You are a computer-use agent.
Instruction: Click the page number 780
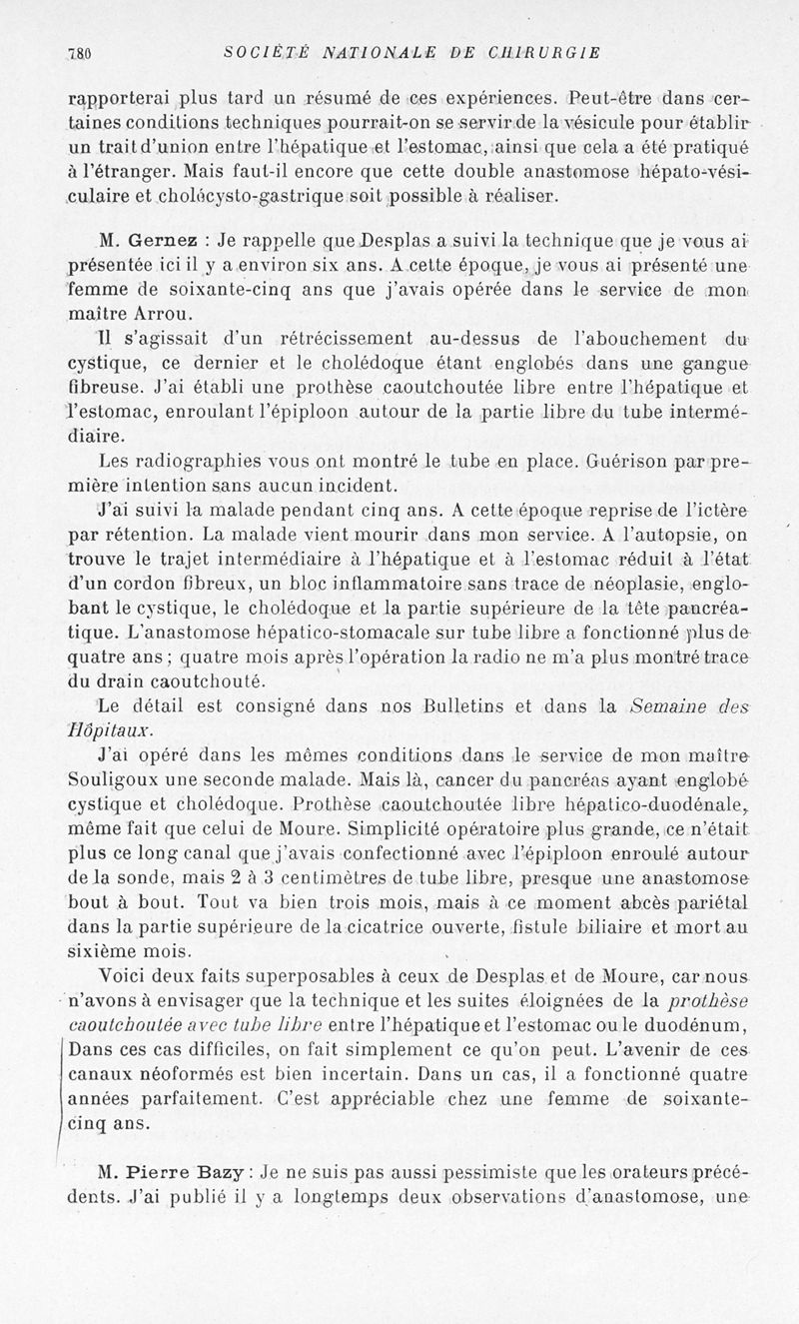pos(78,54)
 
